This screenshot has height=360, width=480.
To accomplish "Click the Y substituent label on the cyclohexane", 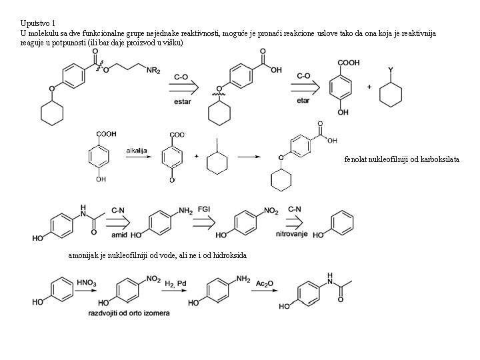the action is click(x=391, y=69).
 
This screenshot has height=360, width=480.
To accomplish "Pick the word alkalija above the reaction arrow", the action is click(x=137, y=150).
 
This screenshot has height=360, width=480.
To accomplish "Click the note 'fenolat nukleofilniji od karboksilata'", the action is click(x=402, y=159).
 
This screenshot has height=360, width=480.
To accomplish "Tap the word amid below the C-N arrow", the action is click(x=119, y=235).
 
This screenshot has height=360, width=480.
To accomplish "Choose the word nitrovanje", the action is click(x=297, y=235).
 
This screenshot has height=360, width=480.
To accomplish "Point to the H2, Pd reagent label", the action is click(x=177, y=284).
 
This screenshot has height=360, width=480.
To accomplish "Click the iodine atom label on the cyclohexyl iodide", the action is click(x=217, y=141).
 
